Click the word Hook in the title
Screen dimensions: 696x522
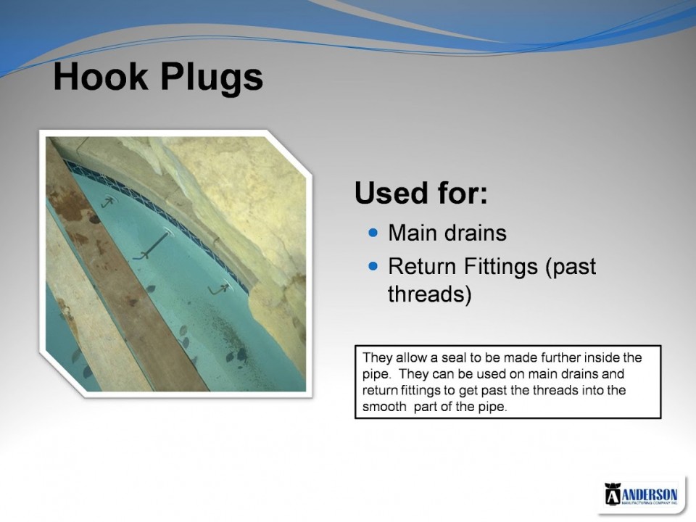click(x=100, y=76)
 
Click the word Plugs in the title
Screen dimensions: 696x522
click(x=212, y=79)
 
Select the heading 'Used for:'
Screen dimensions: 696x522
click(x=420, y=193)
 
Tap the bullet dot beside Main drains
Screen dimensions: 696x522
click(x=373, y=233)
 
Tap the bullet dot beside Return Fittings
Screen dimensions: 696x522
click(x=373, y=266)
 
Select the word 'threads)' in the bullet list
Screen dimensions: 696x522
click(x=430, y=294)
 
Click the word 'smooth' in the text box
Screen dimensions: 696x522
click(x=384, y=407)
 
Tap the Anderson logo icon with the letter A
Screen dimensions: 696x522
click(x=612, y=494)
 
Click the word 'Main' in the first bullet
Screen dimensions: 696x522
click(x=411, y=233)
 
